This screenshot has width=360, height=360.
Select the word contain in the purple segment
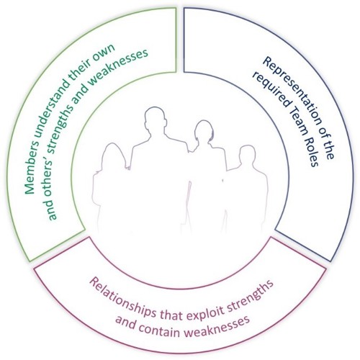click(x=163, y=329)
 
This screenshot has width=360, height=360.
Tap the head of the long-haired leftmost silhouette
click(x=113, y=155)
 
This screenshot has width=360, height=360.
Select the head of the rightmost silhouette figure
click(x=248, y=156)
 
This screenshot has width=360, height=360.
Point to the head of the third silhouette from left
click(x=204, y=132)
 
